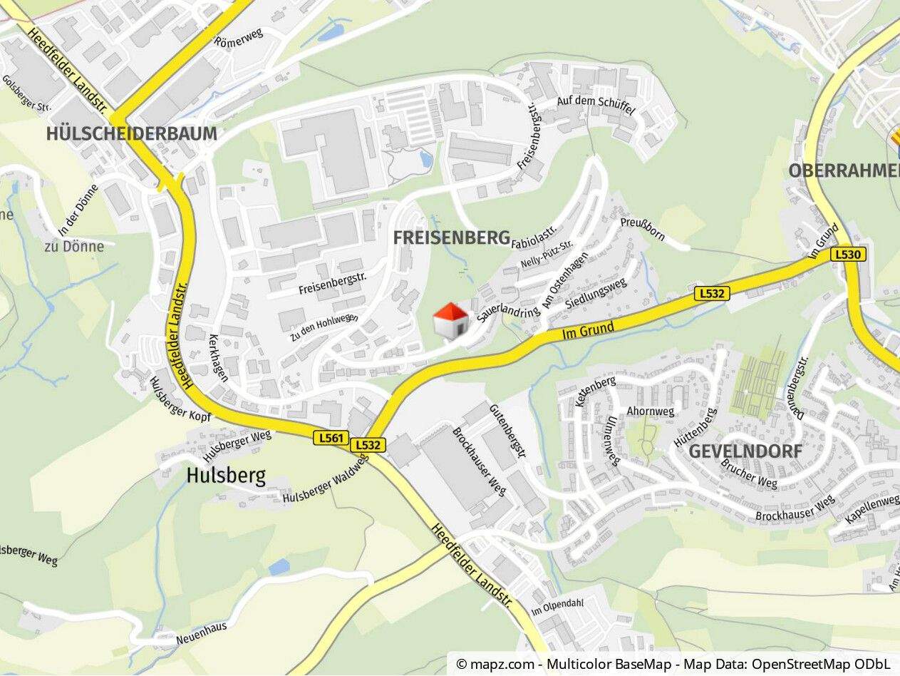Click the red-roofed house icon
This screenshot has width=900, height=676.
tap(451, 319)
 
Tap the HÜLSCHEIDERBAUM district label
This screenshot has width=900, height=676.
tap(131, 133)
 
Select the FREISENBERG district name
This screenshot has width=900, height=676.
tap(452, 237)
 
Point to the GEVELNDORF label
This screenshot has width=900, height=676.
tap(745, 451)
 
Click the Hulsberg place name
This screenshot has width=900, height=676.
tap(226, 476)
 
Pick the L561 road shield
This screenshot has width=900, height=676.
tap(331, 438)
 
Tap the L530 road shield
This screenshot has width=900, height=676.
tap(848, 254)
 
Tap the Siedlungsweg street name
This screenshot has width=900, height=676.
tap(596, 293)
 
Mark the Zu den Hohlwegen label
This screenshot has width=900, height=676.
tap(324, 327)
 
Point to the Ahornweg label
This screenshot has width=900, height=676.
tap(650, 411)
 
